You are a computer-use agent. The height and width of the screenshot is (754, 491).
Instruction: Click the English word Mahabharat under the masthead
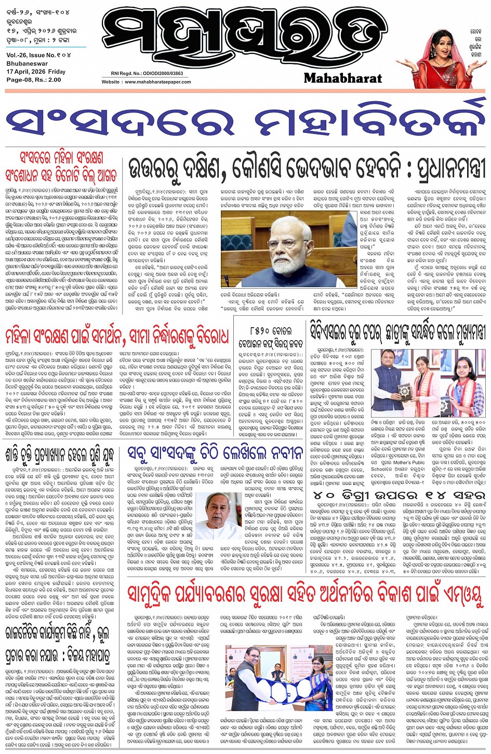point(342,78)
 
